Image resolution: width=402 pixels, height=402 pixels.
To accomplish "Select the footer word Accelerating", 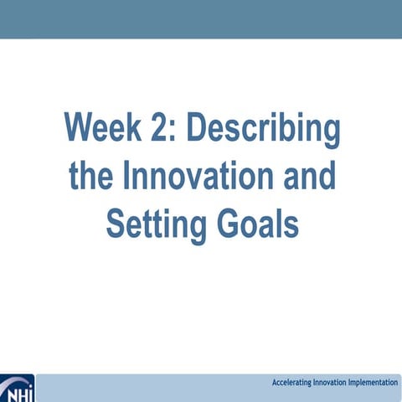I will (294, 383).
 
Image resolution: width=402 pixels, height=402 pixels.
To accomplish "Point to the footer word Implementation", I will (376, 383).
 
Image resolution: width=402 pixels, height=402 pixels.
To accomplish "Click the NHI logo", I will (16, 389).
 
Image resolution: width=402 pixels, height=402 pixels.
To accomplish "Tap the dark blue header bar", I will (201, 18).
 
